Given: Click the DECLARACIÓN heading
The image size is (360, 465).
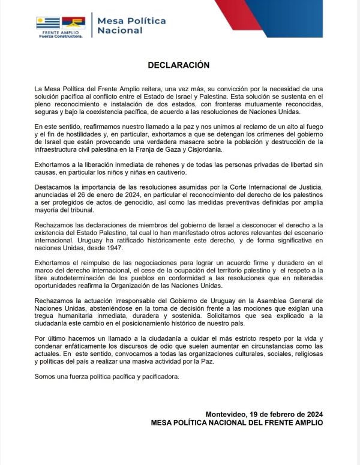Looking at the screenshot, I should (180, 64).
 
